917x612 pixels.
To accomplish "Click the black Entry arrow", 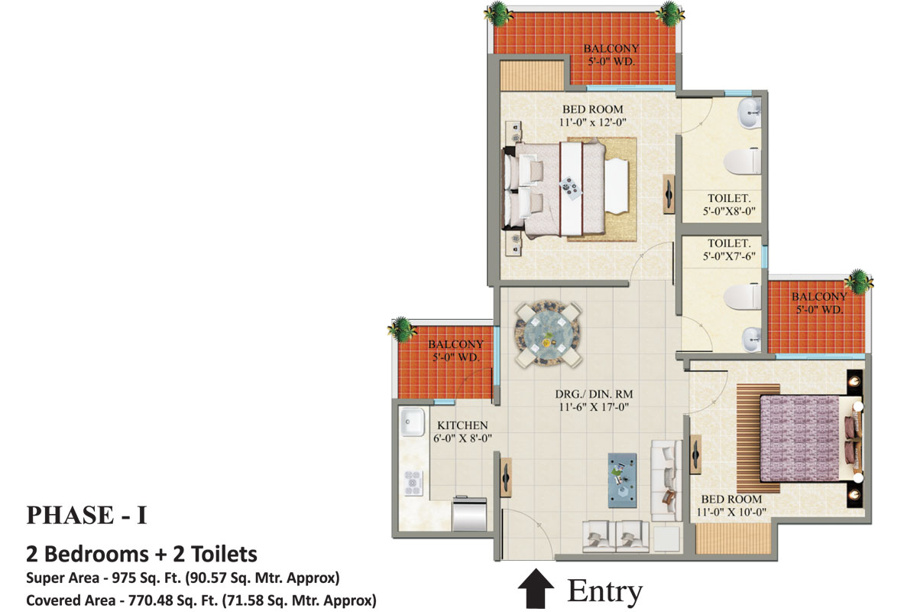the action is (x=536, y=589).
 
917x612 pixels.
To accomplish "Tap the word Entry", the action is (x=604, y=591).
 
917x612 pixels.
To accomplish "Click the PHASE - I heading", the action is (x=86, y=515).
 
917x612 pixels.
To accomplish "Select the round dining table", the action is (x=547, y=335).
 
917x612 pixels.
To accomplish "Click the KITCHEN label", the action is (x=462, y=425).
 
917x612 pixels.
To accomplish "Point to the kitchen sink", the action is (x=412, y=422).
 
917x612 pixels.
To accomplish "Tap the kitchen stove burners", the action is (x=413, y=483).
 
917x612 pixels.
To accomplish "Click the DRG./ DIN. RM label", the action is (x=594, y=394).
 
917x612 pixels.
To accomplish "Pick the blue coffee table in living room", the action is (x=622, y=480).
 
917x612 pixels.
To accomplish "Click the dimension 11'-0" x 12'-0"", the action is (x=593, y=122).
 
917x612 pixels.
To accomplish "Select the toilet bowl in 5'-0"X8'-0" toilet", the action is (x=742, y=161).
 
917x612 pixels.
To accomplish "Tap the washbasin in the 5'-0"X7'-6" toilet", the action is (x=752, y=340).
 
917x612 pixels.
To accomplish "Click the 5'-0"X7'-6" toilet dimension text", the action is (x=729, y=256).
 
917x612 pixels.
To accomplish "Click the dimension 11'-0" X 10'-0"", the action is (x=731, y=512).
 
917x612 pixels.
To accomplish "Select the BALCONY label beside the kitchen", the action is (x=455, y=344).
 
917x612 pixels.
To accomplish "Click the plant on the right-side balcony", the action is (x=858, y=282).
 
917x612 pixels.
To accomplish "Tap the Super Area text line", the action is (x=183, y=578).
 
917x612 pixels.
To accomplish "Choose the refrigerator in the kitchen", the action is (x=469, y=513).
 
